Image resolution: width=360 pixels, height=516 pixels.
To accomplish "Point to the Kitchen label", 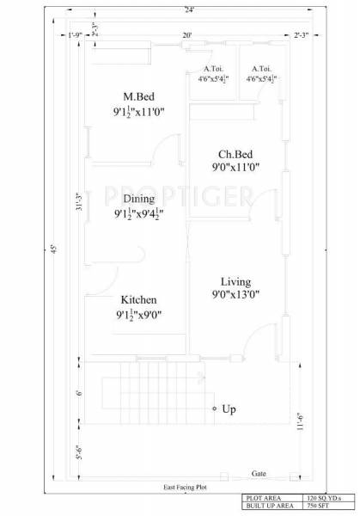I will tap(138, 299).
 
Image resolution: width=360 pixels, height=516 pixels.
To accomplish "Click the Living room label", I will tap(235, 281).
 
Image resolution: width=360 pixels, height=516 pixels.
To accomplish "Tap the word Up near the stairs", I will tap(229, 409).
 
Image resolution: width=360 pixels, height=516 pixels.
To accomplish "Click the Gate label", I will tap(259, 474).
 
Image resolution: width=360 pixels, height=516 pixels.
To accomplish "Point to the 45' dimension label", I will tap(55, 250).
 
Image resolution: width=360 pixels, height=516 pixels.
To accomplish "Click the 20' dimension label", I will tap(186, 35).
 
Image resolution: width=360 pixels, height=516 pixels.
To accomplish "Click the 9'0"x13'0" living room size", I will tap(235, 295).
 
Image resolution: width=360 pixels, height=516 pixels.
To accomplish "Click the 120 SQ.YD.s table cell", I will tap(329, 498).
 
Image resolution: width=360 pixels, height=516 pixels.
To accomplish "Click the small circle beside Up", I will tap(214, 409).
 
